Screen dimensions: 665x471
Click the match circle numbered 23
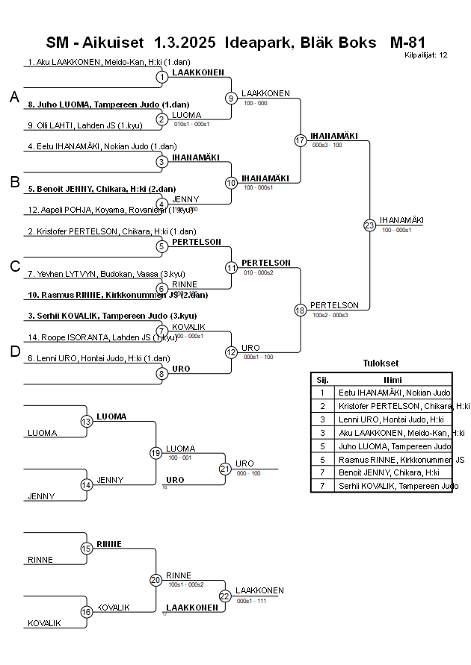pos(369,225)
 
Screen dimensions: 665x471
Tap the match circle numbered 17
pos(301,140)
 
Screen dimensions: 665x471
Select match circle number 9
pos(232,98)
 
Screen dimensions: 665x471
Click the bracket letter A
pos(14,97)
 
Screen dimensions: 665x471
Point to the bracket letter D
pos(14,352)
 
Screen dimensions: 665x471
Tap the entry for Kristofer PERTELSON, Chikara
pos(111,231)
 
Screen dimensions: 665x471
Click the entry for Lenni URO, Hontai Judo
pos(98,359)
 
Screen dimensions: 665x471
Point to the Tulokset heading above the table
pos(381,363)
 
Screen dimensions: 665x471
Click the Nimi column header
pos(392,379)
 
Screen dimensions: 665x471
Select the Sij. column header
pos(322,379)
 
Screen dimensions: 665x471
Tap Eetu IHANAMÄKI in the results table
pos(394,392)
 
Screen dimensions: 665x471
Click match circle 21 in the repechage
pos(225,469)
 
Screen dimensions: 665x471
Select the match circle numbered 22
pos(225,596)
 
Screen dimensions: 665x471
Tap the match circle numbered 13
pos(87,422)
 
